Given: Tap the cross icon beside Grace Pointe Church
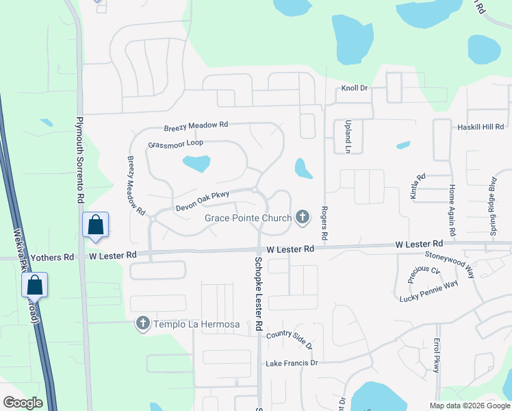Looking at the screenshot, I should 302,219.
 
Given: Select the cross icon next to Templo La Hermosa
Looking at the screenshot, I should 142,323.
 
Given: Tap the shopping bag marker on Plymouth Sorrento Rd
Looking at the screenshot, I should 95,225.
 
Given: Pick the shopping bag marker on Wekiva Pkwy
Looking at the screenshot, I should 35,285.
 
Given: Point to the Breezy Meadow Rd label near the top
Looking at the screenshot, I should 195,126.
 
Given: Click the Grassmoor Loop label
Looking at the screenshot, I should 176,145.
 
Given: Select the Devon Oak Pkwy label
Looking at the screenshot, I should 202,199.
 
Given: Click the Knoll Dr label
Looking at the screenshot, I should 355,89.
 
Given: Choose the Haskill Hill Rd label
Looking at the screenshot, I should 480,127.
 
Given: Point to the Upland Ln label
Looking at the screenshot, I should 347,139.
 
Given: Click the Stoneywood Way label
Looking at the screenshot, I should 450,262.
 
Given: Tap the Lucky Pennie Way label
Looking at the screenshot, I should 428,291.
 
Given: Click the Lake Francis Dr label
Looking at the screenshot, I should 292,362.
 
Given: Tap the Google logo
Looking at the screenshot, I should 23,403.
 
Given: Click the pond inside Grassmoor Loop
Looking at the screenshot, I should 196,164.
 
